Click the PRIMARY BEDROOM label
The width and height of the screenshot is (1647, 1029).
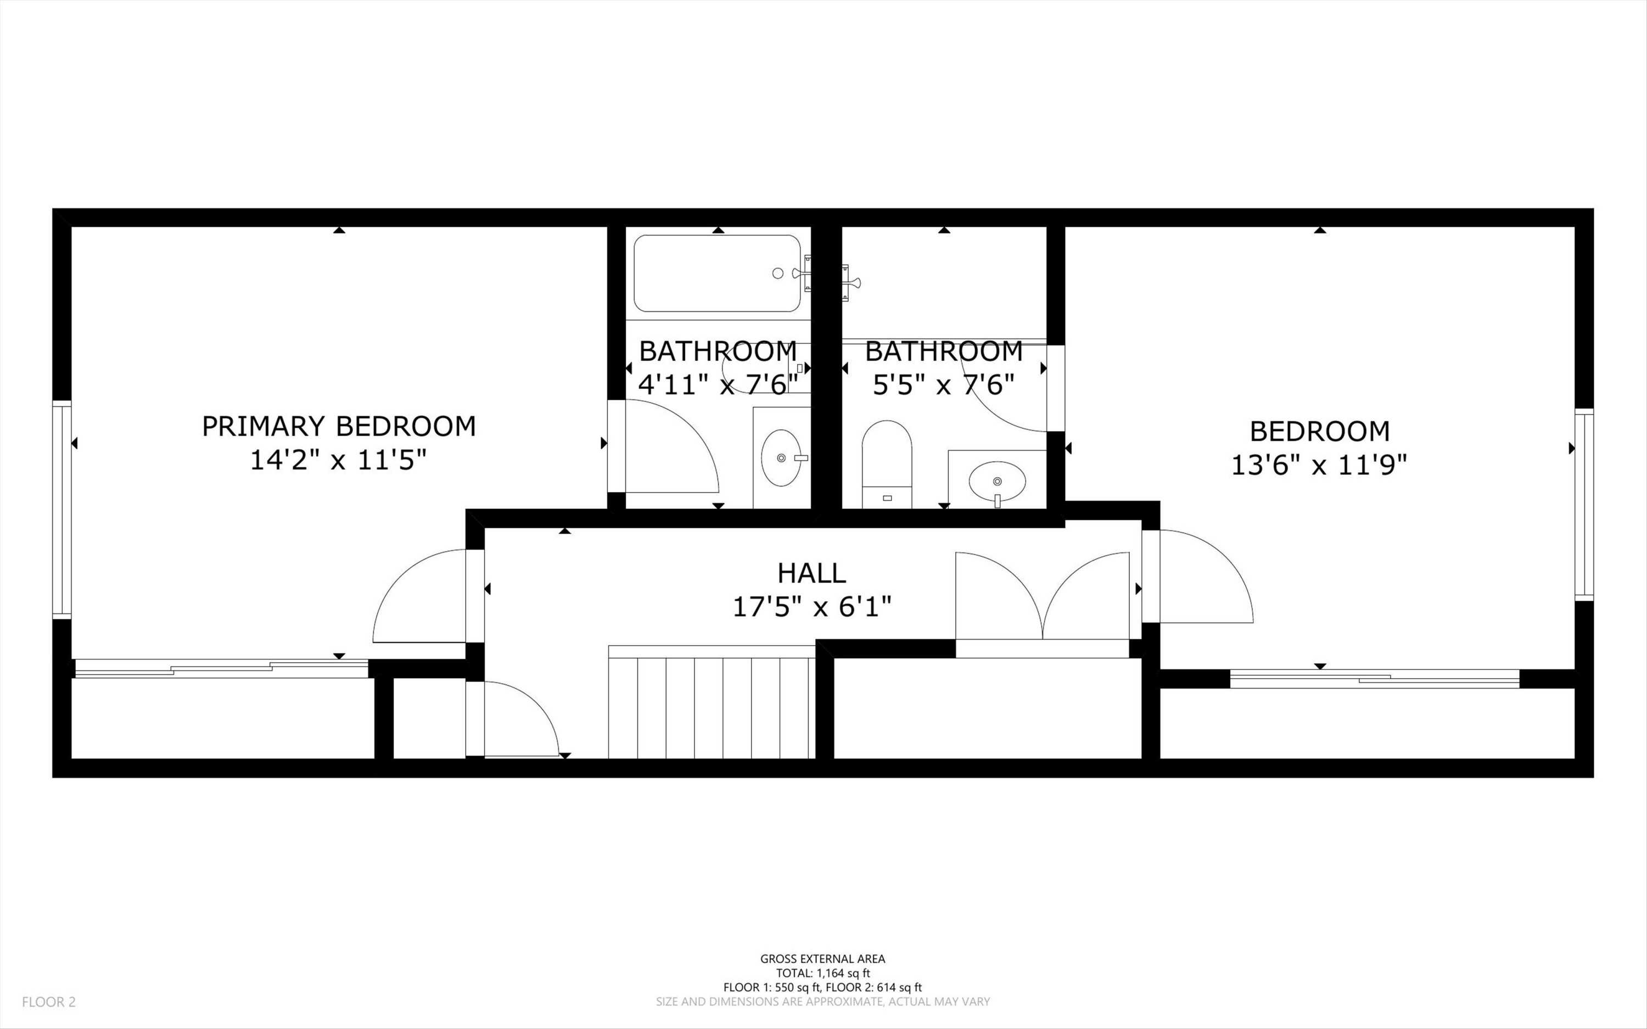point(339,426)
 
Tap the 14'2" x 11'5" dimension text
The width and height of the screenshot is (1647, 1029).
point(339,461)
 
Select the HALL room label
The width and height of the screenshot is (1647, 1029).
point(811,573)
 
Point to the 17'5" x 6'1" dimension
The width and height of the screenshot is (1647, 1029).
point(811,606)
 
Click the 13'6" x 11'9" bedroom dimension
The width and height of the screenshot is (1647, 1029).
point(1319,466)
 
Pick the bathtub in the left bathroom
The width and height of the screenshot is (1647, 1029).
point(717,273)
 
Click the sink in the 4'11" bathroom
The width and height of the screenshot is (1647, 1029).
point(782,458)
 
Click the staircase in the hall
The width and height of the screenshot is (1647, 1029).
point(711,703)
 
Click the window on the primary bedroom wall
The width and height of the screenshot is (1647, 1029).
point(62,510)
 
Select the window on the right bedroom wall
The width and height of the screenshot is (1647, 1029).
point(1584,504)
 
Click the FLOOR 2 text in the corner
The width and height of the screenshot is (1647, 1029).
point(49,1002)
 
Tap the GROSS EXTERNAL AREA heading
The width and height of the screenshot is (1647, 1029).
point(822,959)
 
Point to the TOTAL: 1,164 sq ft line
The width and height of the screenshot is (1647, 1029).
point(822,973)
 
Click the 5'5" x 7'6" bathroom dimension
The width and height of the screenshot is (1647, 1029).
point(944,385)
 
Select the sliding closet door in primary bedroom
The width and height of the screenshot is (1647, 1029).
point(221,668)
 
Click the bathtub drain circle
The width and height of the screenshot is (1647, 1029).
point(777,273)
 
